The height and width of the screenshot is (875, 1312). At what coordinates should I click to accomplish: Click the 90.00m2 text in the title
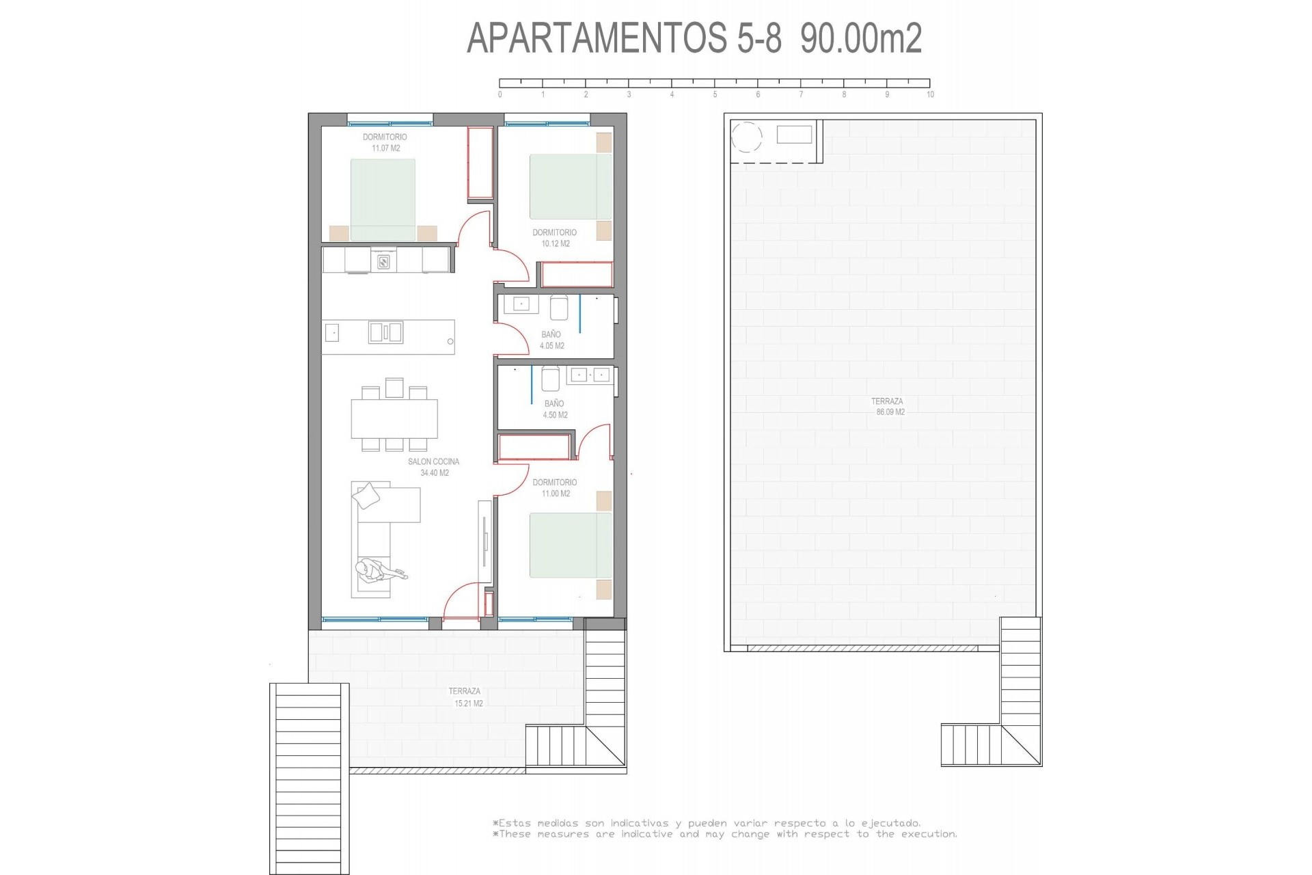[x=861, y=38]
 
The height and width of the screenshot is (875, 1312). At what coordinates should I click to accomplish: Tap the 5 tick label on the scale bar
[x=715, y=95]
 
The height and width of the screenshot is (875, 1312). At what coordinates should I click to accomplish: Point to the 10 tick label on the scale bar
[x=930, y=95]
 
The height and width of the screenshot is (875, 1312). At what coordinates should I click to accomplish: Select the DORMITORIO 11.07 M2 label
[x=385, y=142]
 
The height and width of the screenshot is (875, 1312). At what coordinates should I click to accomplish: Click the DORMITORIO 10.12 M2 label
[x=554, y=238]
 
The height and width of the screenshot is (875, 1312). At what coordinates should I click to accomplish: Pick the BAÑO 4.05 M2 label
[x=551, y=340]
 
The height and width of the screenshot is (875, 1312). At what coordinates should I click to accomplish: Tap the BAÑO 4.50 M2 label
[x=554, y=409]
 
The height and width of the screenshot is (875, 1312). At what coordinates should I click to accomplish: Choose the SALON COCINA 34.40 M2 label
[x=434, y=467]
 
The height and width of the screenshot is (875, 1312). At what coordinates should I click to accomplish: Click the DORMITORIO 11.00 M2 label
[x=554, y=487]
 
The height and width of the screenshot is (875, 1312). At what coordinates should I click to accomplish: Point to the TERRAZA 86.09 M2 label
[x=887, y=407]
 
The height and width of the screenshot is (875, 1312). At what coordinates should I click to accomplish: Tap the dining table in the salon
[x=394, y=418]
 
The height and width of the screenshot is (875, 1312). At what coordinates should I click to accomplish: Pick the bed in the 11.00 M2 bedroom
[x=571, y=546]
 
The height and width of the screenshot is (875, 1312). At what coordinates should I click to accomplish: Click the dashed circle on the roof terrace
[x=746, y=137]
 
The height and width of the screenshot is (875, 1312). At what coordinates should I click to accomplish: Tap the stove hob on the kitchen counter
[x=383, y=260]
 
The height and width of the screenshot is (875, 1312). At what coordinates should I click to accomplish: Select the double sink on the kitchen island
[x=385, y=333]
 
